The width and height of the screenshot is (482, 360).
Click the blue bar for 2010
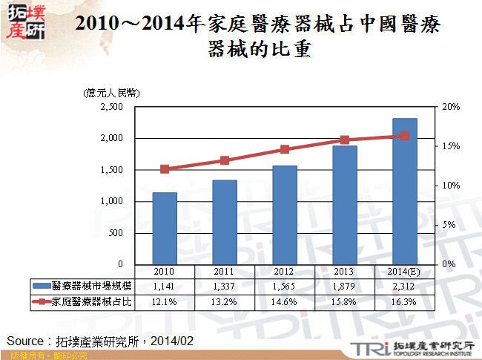click(165, 229)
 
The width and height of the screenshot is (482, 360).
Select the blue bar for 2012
click(285, 215)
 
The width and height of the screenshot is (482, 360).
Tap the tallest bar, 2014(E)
click(405, 192)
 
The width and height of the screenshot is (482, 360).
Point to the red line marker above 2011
click(225, 160)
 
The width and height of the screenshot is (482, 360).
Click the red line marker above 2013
click(345, 140)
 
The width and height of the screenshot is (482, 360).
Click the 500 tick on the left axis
click(116, 233)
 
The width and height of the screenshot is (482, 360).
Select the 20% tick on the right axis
click(450, 107)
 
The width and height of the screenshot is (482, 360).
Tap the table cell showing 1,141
click(165, 286)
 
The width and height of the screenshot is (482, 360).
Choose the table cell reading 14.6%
click(285, 302)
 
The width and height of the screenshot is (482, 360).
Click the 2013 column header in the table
click(345, 271)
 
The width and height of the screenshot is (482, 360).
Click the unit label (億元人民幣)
click(111, 92)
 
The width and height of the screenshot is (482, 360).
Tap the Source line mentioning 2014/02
click(101, 341)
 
